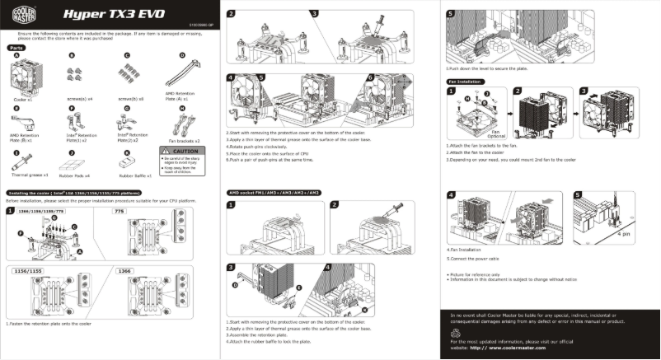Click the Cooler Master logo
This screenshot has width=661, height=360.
click(x=17, y=16)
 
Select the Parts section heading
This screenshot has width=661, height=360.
click(x=16, y=49)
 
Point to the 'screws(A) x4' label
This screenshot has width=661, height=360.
click(x=80, y=99)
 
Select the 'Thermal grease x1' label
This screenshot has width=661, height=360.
click(x=29, y=175)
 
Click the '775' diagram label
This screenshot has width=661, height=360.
click(x=118, y=211)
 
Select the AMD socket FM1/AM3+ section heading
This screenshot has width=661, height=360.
click(x=273, y=192)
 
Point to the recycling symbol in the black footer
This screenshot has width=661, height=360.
click(x=455, y=331)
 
